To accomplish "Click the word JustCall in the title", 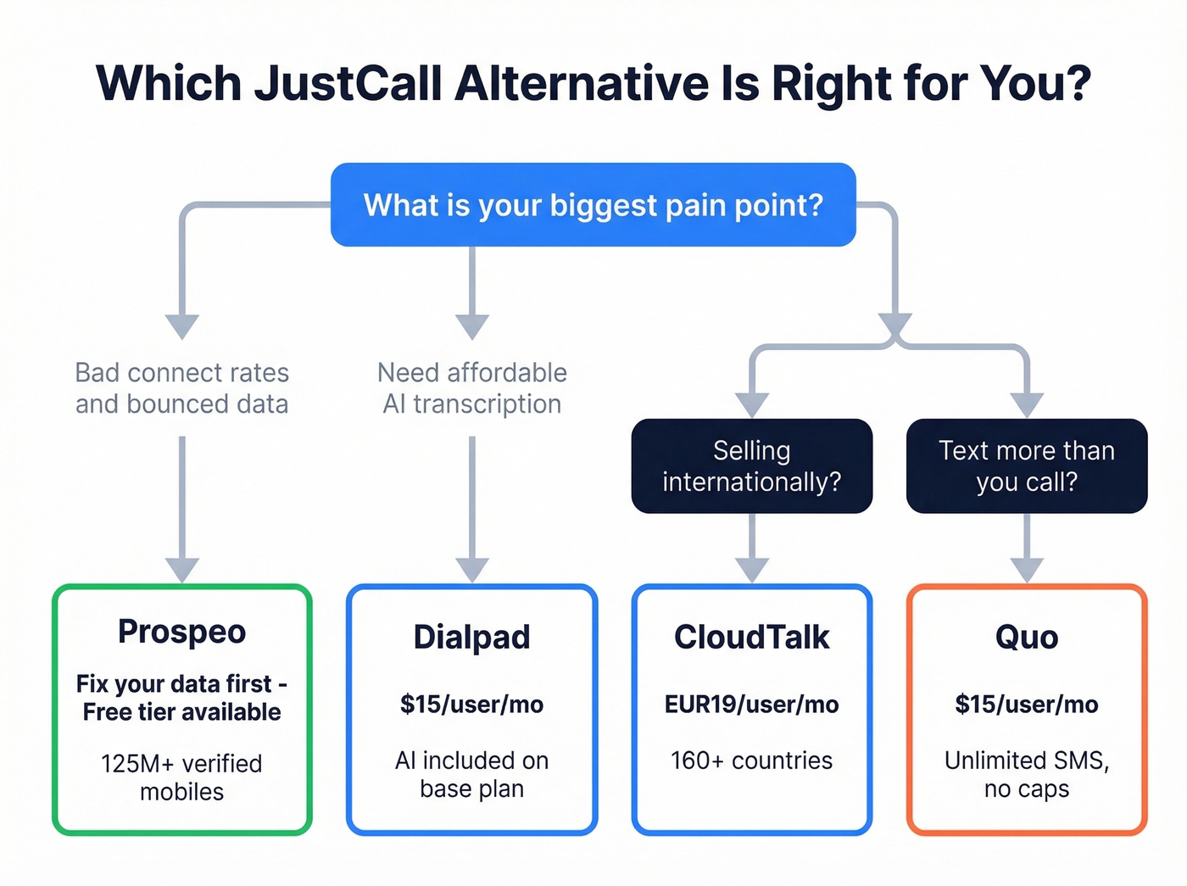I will click(x=348, y=83).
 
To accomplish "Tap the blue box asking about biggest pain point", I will click(x=593, y=205).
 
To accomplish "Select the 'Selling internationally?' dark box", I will click(x=751, y=465).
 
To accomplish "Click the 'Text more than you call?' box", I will click(x=1026, y=465).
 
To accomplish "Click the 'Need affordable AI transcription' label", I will click(x=472, y=388).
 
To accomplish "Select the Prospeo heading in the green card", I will click(x=181, y=632).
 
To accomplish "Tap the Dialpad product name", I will click(x=471, y=638).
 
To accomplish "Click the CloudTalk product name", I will click(x=751, y=638).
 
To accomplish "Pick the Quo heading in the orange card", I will click(x=1026, y=638).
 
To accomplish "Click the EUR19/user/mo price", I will click(x=751, y=705).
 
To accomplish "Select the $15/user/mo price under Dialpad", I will click(x=471, y=705).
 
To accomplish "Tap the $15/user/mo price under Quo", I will click(x=1026, y=705).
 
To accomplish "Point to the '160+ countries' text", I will click(x=751, y=761).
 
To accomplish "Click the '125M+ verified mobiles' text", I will click(x=181, y=777).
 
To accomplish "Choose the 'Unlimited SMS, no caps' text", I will click(x=1026, y=774).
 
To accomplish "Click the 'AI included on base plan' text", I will click(x=471, y=774).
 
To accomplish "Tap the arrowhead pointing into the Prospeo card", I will click(x=181, y=570).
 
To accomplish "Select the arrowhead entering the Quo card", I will click(x=1026, y=570).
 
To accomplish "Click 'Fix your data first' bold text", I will click(x=173, y=684).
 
